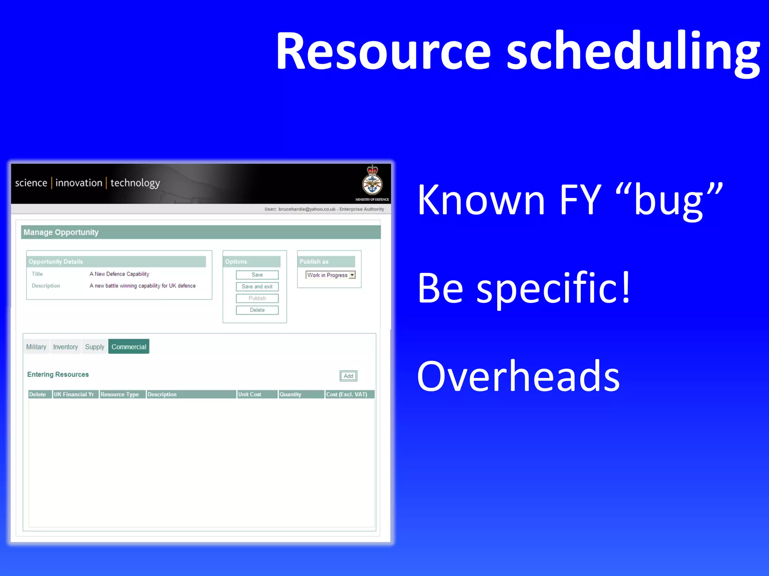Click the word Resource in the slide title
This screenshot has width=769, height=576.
[x=383, y=51]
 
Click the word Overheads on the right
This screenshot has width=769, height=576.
[x=518, y=376]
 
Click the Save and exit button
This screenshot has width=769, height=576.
[x=257, y=286]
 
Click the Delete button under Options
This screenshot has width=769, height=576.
[x=257, y=310]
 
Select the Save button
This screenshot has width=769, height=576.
[x=257, y=275]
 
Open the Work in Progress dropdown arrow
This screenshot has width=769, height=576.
[x=352, y=275]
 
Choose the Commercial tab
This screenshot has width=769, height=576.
[x=129, y=346]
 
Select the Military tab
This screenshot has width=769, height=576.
[x=36, y=346]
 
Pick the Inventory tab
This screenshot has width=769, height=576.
[x=65, y=346]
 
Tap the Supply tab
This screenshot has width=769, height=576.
[x=94, y=346]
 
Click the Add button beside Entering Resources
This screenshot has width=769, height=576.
[x=348, y=376]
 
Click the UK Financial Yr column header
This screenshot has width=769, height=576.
[x=74, y=394]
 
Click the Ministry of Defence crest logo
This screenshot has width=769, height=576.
[x=372, y=181]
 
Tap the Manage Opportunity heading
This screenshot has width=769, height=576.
[x=61, y=232]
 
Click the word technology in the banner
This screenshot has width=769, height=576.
[x=135, y=183]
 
